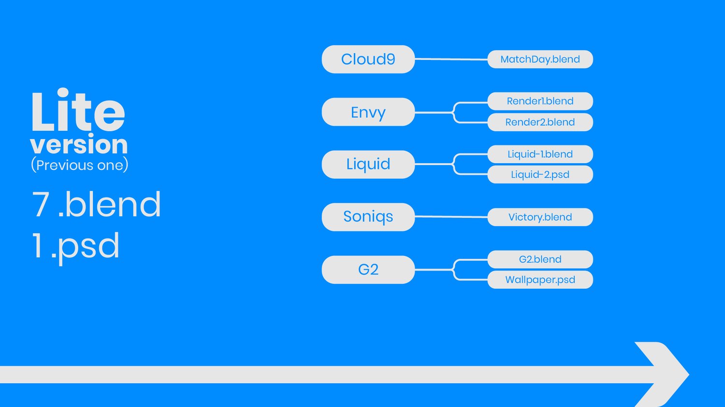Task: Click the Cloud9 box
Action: (368, 59)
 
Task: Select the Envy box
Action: (368, 112)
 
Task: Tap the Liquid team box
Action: (368, 164)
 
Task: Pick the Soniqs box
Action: (368, 217)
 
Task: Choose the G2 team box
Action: (368, 269)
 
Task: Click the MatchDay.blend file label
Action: (540, 59)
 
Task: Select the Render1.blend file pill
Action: (540, 101)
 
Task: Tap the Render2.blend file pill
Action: (540, 122)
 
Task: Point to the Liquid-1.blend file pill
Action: (540, 154)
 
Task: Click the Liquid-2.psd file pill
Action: (540, 175)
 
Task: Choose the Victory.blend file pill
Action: (540, 217)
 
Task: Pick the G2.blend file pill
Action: (540, 259)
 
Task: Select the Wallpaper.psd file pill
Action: (540, 280)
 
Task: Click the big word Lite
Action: (78, 110)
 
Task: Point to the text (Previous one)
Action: (80, 165)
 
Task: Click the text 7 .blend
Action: (96, 204)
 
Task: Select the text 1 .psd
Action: (76, 246)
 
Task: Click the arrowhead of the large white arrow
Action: (667, 374)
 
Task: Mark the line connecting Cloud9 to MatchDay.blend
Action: (451, 59)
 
